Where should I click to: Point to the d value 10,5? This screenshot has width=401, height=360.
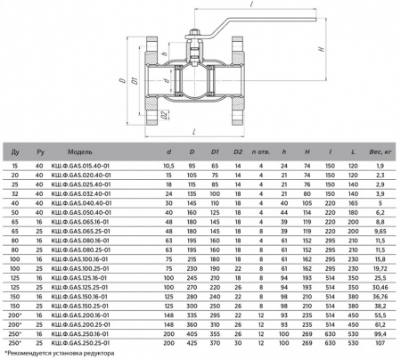coord(167,167)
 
